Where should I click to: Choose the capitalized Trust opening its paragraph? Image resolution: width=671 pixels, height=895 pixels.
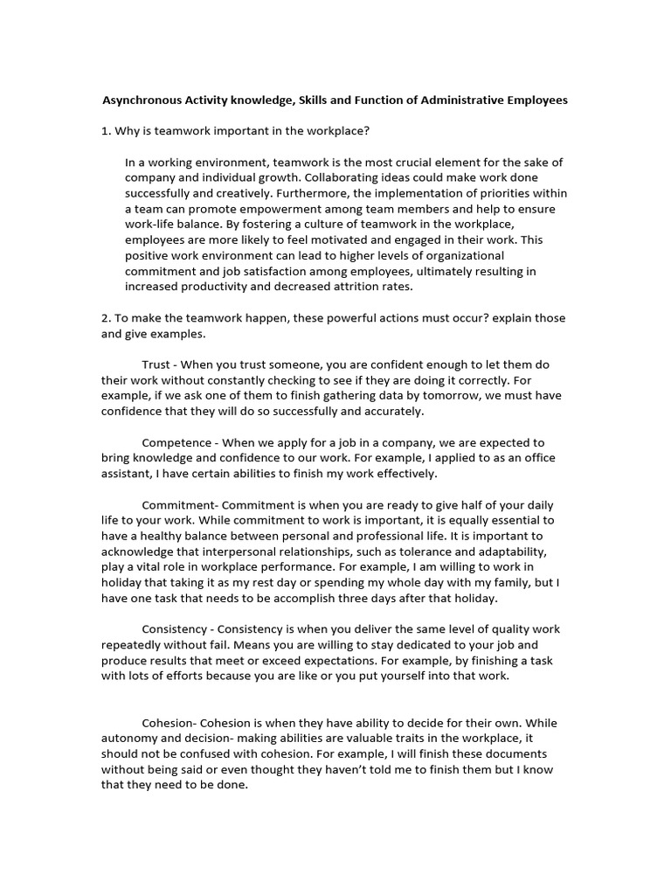click(x=157, y=364)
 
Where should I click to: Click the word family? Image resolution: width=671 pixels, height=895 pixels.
click(x=510, y=583)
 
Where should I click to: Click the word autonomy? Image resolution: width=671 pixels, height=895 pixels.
click(x=130, y=739)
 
